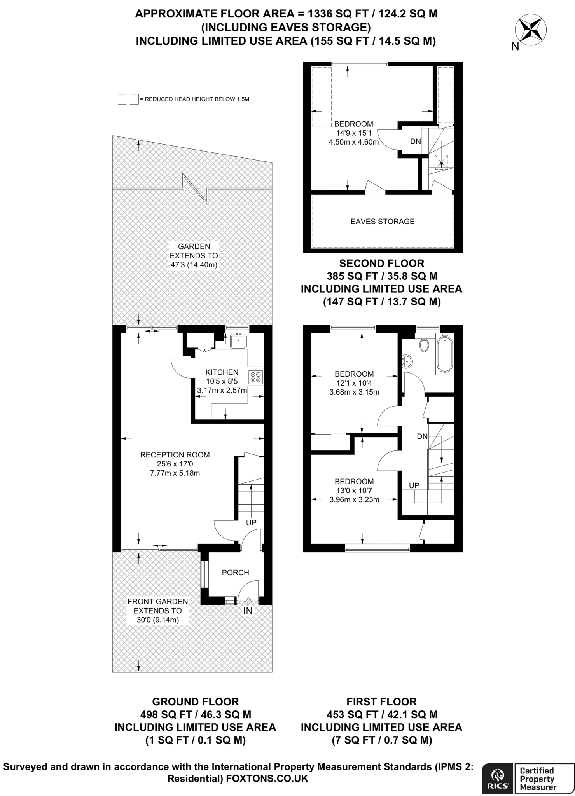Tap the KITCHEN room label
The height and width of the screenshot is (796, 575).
point(222,372)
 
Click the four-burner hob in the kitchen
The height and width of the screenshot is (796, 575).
point(256,376)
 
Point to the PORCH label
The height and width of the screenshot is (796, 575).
point(235,573)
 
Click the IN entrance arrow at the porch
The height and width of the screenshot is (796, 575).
point(248,607)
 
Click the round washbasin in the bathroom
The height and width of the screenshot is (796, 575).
point(407,361)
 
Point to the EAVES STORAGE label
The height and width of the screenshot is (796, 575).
point(383,222)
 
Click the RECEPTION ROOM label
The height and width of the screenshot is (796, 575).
point(175,455)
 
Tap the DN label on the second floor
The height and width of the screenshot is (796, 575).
point(416,141)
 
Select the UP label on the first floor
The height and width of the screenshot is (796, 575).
point(414,485)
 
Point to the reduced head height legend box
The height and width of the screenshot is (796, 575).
point(128,99)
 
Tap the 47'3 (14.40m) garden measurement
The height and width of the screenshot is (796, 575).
point(193,265)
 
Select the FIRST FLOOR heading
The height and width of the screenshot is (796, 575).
point(381,702)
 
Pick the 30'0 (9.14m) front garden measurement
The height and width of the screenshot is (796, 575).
point(157,620)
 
